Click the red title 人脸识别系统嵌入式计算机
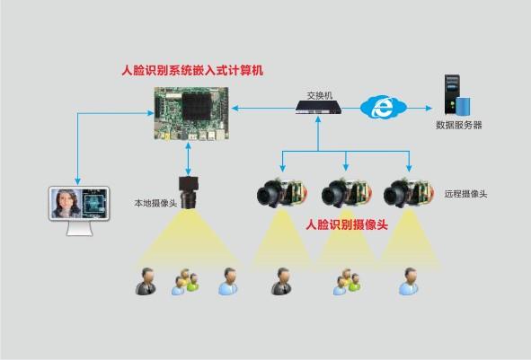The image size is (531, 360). (192, 70)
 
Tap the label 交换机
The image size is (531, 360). (319, 95)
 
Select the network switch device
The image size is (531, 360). (318, 107)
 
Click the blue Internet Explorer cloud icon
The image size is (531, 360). (383, 107)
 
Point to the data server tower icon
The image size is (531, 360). (456, 94)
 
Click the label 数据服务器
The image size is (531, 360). (458, 125)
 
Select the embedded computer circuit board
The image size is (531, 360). (191, 114)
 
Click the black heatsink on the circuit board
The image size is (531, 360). (197, 106)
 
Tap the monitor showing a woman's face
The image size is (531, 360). (79, 210)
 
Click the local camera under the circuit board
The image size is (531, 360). (189, 192)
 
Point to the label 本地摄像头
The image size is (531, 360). (155, 204)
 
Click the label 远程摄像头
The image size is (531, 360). (465, 194)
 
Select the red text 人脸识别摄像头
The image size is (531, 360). (347, 224)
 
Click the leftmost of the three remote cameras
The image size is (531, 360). (282, 193)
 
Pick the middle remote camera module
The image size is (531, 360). (346, 193)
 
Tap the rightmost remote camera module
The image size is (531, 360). (409, 193)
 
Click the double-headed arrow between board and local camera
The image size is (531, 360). (189, 159)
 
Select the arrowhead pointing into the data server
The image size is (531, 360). (429, 109)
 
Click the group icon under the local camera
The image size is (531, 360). (185, 282)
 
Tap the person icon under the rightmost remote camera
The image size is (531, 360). (409, 282)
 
